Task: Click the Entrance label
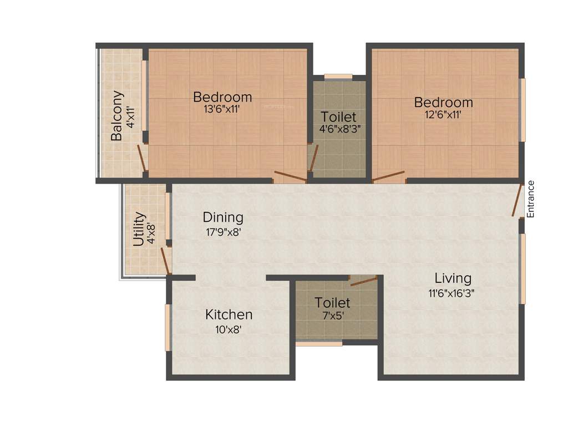pos(530,199)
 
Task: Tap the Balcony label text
pos(116,115)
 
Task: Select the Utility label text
pos(139,229)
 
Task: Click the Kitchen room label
pos(229,315)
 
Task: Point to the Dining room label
pos(222,217)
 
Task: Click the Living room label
pos(453,278)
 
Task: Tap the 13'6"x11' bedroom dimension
pos(221,109)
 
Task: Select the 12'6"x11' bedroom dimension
pos(443,115)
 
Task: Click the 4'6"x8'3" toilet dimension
pos(338,129)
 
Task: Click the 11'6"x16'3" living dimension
pos(451,292)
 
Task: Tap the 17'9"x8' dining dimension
pos(222,231)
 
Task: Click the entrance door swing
pos(518,200)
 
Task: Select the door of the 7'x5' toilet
pos(363,280)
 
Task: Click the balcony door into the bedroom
pos(142,158)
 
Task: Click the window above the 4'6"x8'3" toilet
pos(338,77)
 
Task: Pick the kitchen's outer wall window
pos(168,327)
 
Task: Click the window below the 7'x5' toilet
pos(318,344)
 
